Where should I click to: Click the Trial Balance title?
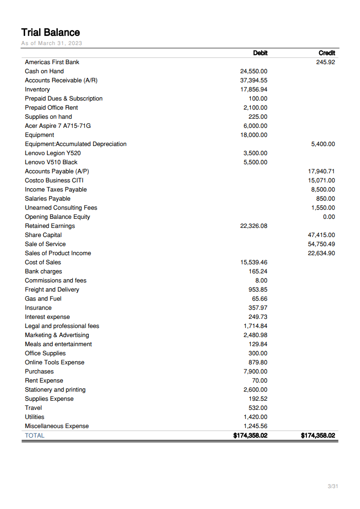coord(51,32)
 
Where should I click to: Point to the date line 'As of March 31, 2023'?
coord(51,43)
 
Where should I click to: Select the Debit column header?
coord(260,53)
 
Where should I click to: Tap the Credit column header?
coord(327,53)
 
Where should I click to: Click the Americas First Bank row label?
coord(52,62)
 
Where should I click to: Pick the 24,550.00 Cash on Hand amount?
coord(254,71)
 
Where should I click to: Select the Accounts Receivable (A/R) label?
coord(61,80)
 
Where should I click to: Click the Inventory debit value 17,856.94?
coord(254,89)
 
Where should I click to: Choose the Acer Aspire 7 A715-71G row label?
coord(54,126)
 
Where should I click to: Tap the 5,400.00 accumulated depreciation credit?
coord(323,144)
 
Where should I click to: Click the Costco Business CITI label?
coord(54,180)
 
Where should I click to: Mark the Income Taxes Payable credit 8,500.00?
coord(323,189)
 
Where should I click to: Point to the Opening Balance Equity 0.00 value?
coord(329,217)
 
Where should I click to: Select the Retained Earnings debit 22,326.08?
coord(254,226)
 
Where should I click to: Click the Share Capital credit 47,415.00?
coord(321,235)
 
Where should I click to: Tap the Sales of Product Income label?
coord(58,253)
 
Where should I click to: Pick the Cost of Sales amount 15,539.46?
coord(254,262)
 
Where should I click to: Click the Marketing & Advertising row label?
coord(57,335)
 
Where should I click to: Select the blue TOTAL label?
coord(35,435)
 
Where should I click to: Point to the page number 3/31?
coord(333,487)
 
